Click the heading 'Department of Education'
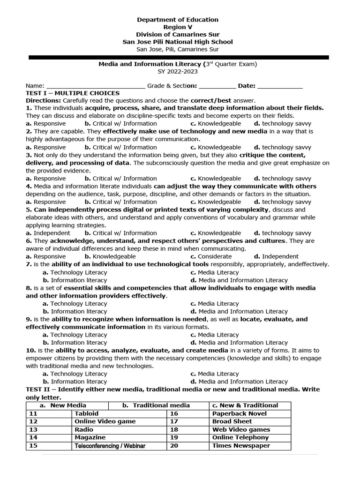coord(177,20)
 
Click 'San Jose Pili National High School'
coord(177,42)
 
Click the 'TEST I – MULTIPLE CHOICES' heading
coord(73,93)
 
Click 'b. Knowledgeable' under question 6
coord(110,256)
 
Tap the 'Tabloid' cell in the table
coord(87,413)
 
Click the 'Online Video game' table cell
coord(105,421)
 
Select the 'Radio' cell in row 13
coord(84,429)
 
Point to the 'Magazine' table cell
coord(90,437)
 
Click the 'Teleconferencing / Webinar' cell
coord(110,446)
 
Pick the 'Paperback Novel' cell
coord(239,413)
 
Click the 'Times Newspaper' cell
coord(241,446)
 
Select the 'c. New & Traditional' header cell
coord(245,405)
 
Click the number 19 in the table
coord(174,437)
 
